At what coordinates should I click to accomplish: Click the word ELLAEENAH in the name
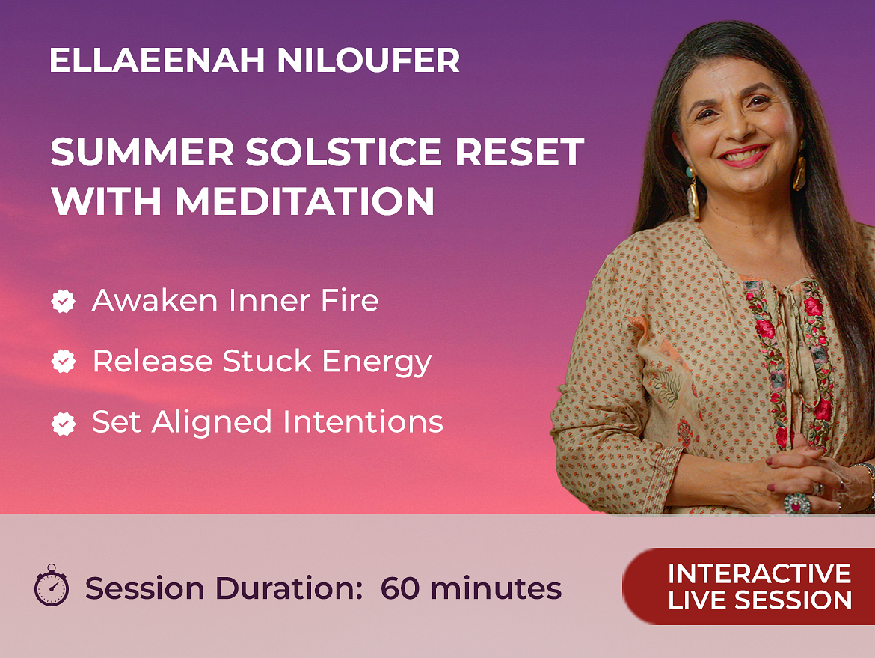(x=157, y=61)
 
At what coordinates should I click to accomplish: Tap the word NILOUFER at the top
(x=368, y=61)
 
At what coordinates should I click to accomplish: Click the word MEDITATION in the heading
(x=305, y=201)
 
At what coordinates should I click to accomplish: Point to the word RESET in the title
(x=520, y=152)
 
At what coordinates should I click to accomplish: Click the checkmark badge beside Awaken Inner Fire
(x=63, y=301)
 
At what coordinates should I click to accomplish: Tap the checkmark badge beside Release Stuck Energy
(x=63, y=362)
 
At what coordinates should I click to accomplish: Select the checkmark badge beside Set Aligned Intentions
(x=63, y=423)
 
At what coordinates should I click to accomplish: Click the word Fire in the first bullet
(x=349, y=300)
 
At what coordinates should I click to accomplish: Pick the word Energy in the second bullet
(x=377, y=362)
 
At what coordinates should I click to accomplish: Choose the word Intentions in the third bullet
(x=363, y=421)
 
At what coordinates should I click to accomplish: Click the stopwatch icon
(x=52, y=585)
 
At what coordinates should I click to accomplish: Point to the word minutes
(x=496, y=588)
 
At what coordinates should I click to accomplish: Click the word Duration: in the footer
(x=289, y=588)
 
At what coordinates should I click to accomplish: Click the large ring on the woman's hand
(x=797, y=503)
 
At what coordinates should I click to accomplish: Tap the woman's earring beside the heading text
(x=692, y=195)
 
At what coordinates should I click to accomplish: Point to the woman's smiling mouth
(x=744, y=155)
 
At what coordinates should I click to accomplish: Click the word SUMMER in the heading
(x=142, y=152)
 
